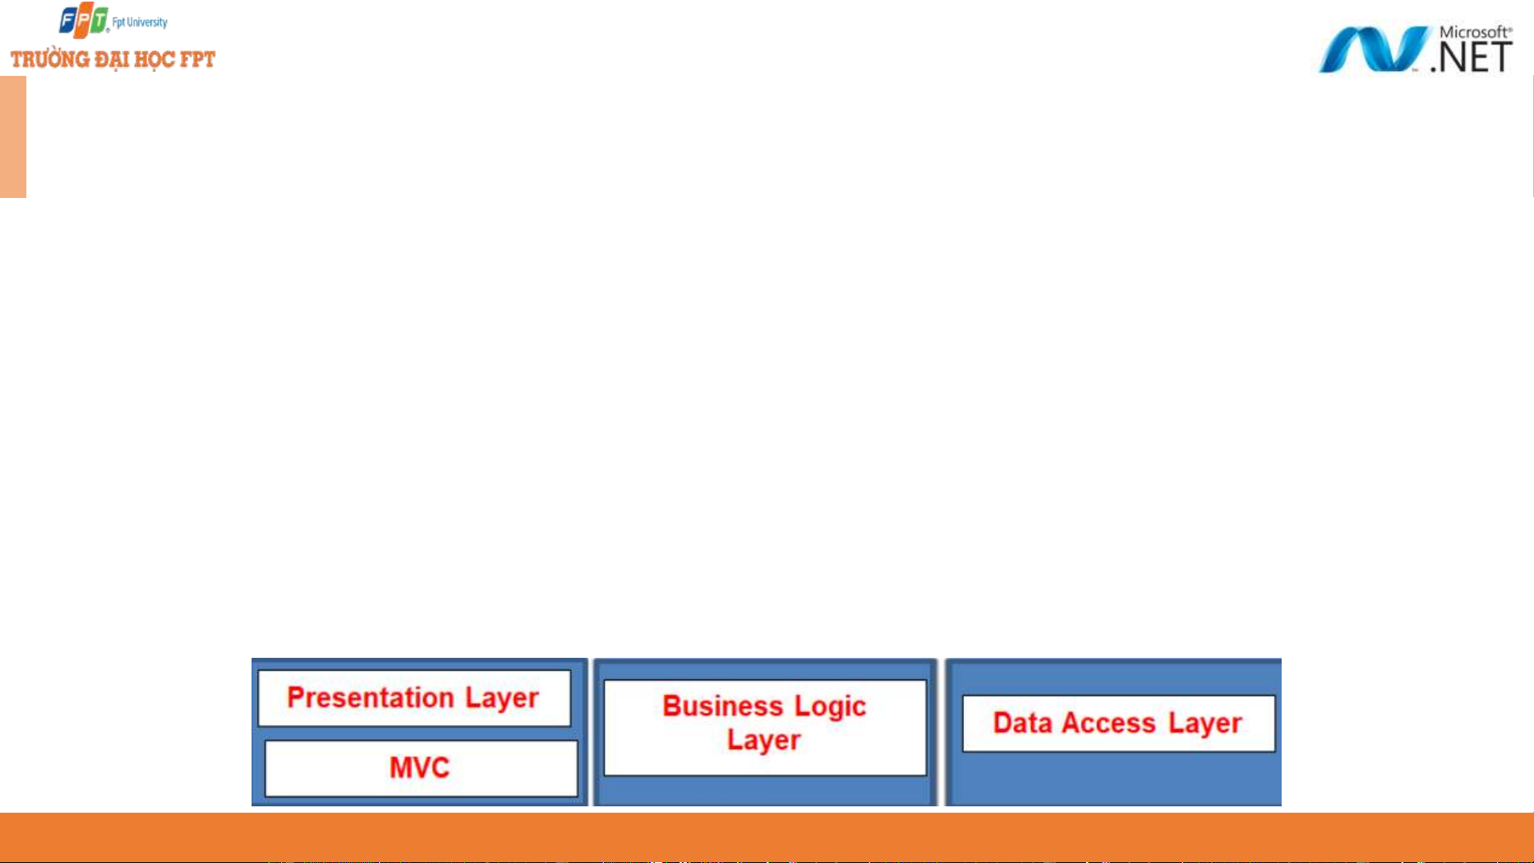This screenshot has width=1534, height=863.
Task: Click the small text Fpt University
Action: click(140, 22)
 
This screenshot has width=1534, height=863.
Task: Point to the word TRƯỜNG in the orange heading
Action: click(50, 59)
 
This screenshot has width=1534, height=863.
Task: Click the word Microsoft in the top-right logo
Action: click(1475, 32)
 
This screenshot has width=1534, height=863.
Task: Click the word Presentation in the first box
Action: click(371, 698)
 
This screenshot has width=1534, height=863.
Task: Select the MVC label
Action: click(420, 768)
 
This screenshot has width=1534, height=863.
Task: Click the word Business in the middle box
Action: click(723, 707)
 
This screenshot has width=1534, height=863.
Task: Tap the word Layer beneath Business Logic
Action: click(764, 742)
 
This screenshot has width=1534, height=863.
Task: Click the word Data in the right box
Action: click(1022, 723)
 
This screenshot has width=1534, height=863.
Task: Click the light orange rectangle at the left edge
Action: click(13, 137)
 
